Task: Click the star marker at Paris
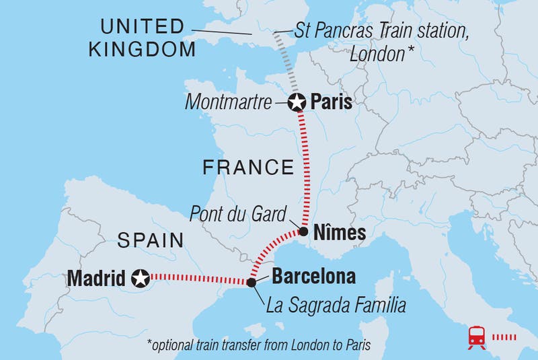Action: [x=297, y=103]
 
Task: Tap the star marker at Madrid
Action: [x=141, y=277]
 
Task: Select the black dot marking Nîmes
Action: [x=303, y=232]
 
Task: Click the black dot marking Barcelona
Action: [x=252, y=283]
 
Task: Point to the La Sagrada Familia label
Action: [x=336, y=306]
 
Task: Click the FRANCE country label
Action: [x=248, y=167]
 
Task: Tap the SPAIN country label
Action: [x=151, y=240]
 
